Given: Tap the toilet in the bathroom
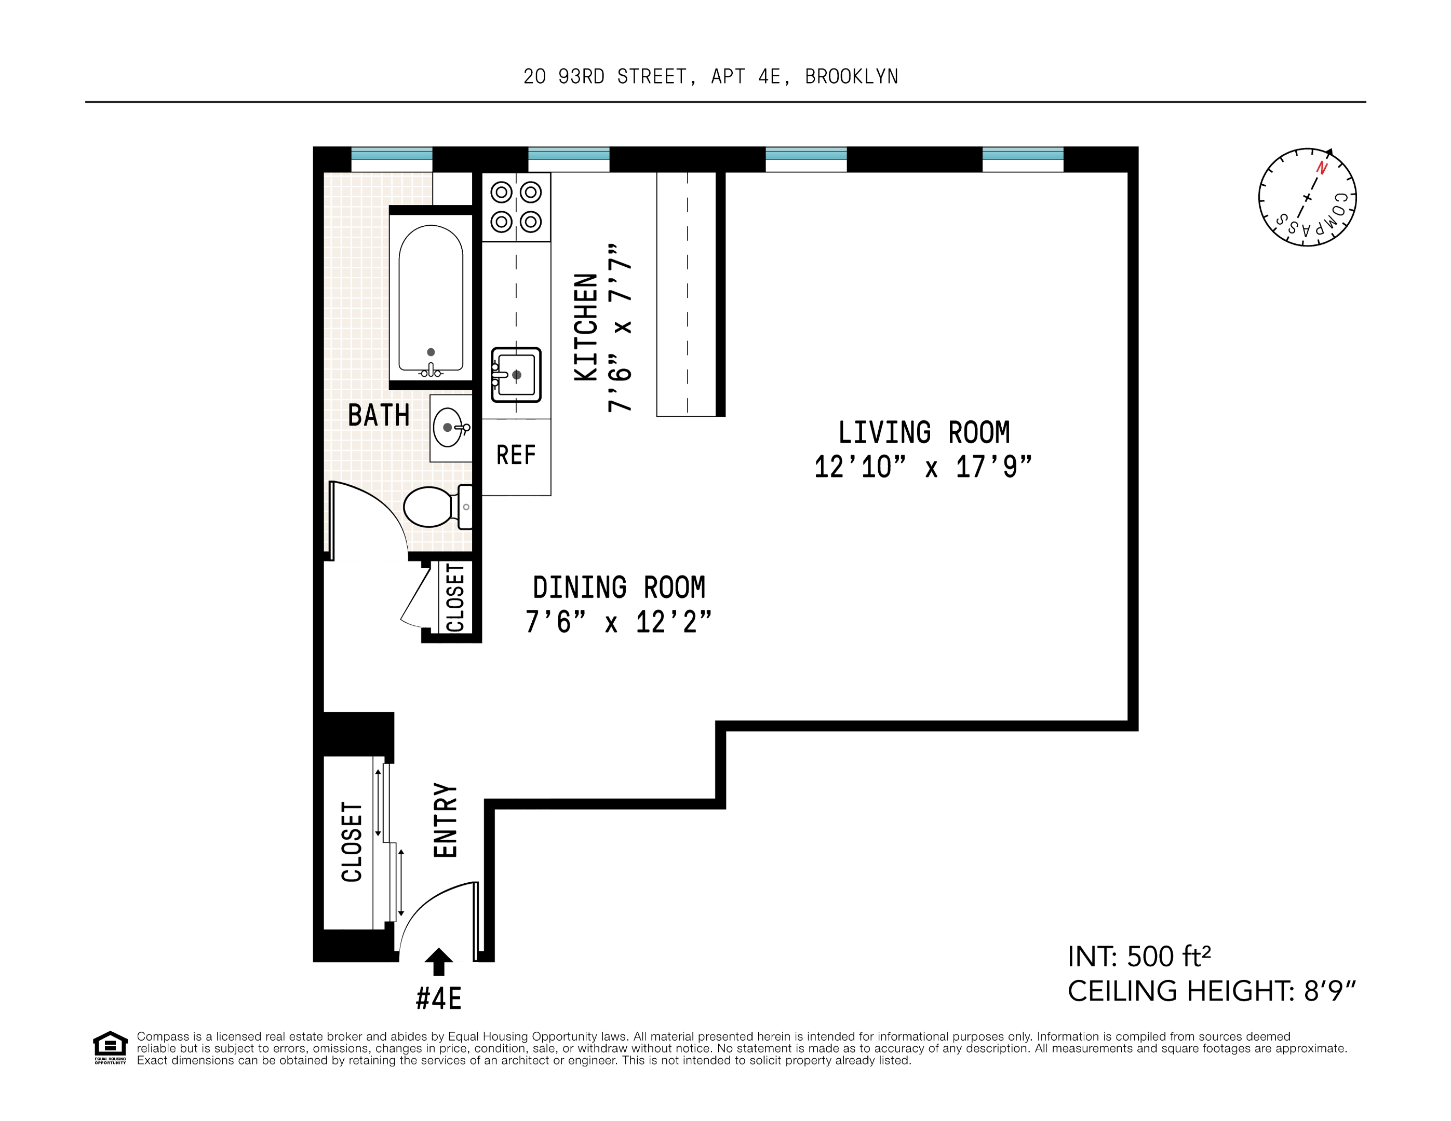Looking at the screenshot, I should click(435, 507).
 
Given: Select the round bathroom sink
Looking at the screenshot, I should click(449, 428).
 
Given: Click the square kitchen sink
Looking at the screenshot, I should click(516, 375).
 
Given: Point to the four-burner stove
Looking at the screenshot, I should click(516, 207).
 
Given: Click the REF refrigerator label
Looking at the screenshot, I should click(516, 456).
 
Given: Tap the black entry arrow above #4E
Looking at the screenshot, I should click(438, 961).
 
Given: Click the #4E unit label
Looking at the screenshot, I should click(438, 998).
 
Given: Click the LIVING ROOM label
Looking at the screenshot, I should click(923, 433).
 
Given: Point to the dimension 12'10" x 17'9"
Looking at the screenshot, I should click(923, 468).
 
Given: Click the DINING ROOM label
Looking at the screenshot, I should click(619, 587).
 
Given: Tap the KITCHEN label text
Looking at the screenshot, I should click(586, 327).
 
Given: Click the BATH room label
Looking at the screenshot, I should click(379, 416).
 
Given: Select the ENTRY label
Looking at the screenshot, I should click(446, 820).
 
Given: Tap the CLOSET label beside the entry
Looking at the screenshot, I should click(352, 842).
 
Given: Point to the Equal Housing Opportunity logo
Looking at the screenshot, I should click(110, 1047).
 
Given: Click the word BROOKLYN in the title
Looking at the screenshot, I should click(851, 77).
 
